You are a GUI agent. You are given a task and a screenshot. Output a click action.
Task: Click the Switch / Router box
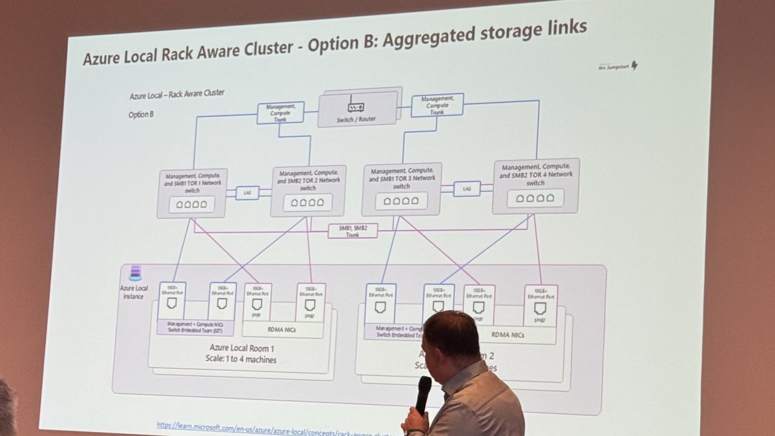[x=356, y=108]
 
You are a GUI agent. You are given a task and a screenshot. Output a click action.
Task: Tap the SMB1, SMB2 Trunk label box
[x=353, y=231]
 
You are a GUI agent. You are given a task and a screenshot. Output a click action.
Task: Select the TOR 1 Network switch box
[x=192, y=192]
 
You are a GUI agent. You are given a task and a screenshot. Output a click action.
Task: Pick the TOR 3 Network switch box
[x=401, y=188]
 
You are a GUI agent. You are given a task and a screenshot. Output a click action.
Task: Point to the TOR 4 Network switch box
[x=535, y=185]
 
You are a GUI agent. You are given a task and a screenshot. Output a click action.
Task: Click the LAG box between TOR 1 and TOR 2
[x=247, y=192]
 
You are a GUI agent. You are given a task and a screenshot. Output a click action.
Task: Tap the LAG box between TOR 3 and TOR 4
[x=466, y=189]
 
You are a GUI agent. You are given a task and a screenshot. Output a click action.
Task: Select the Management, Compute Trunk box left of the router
[x=280, y=112]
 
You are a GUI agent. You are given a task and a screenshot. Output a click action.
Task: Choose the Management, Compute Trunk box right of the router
[x=437, y=105]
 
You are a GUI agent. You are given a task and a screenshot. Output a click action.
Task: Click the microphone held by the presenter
[x=424, y=393]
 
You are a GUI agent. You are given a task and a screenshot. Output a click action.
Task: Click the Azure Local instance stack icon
[x=135, y=273]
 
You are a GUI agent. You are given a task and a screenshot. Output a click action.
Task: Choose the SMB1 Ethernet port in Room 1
[x=257, y=302]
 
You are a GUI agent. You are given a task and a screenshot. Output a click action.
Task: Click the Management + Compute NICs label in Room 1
[x=195, y=327]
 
